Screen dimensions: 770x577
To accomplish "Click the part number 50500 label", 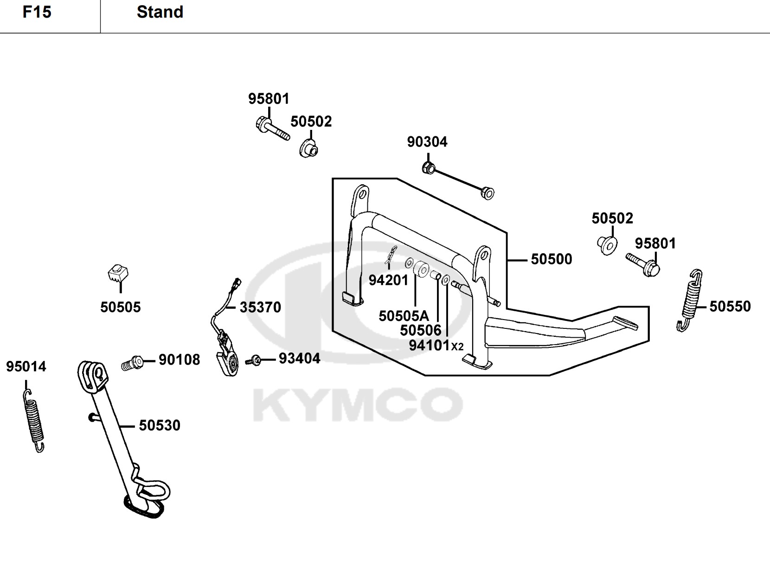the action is point(551,259).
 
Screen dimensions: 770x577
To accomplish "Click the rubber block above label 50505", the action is point(118,273).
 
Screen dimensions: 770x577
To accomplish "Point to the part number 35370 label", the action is point(260,307).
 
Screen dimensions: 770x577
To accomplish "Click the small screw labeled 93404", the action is point(253,360).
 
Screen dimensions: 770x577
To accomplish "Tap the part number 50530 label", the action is point(160,425).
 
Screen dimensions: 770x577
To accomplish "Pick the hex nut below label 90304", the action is point(428,168).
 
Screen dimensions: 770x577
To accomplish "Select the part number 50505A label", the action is point(404,316).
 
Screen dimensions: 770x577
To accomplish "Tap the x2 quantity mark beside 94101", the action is point(457,347).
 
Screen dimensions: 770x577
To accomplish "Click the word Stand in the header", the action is point(160,12).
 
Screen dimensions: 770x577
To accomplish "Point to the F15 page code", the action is point(37,12).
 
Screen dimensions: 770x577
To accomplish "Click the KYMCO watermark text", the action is point(358,404).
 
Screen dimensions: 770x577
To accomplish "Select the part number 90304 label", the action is point(427,142).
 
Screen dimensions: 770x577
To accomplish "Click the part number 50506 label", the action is point(421,330).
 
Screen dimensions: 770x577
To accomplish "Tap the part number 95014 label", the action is point(26,366).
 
